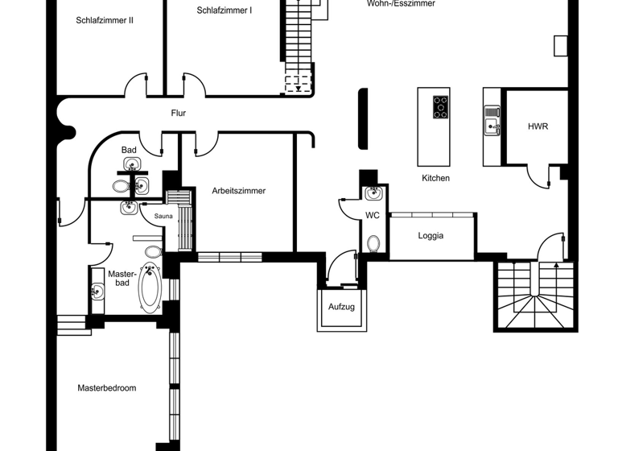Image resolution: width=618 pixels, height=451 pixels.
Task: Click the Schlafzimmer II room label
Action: click(105, 20)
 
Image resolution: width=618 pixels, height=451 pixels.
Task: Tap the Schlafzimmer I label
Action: click(225, 10)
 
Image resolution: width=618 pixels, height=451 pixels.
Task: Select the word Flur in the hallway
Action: click(179, 114)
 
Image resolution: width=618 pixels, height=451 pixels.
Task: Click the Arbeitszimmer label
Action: click(239, 191)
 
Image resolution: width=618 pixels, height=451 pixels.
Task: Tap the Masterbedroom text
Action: click(107, 388)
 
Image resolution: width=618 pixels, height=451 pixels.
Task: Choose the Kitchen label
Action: click(435, 178)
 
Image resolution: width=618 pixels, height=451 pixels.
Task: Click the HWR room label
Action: click(538, 126)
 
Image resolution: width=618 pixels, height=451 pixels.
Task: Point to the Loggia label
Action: click(431, 236)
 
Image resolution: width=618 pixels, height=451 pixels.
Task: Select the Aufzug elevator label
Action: click(341, 308)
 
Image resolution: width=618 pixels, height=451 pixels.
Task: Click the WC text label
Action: click(373, 215)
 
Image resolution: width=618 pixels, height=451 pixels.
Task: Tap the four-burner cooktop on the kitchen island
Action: click(441, 107)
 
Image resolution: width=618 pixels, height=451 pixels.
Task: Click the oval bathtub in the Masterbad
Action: click(150, 288)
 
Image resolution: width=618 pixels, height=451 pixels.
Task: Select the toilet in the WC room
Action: click(374, 242)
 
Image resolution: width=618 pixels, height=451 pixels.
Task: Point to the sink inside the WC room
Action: click(374, 193)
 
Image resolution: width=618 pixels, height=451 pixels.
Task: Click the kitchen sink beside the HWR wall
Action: click(491, 126)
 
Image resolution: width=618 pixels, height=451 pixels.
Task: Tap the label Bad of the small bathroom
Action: click(129, 150)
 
